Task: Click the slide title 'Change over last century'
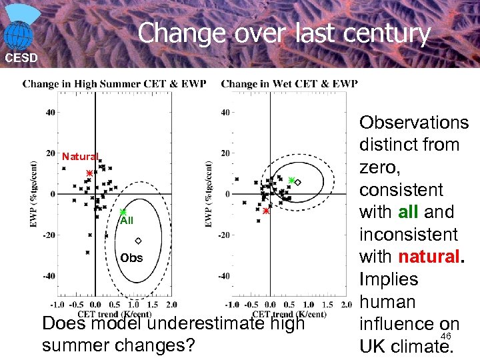[x=284, y=33]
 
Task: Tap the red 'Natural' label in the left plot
[x=80, y=157]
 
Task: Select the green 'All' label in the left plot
[x=127, y=221]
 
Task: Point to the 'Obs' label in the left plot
[x=131, y=258]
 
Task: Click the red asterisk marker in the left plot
[x=89, y=173]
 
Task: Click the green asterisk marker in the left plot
[x=123, y=212]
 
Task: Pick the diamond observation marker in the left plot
[x=138, y=241]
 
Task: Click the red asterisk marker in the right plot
[x=265, y=211]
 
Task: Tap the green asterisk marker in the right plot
[x=291, y=180]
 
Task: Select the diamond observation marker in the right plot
[x=298, y=182]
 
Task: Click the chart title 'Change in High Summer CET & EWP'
[x=114, y=84]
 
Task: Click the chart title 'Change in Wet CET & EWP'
[x=289, y=84]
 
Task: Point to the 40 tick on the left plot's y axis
[x=51, y=113]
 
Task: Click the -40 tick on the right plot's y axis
[x=226, y=275]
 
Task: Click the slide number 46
[x=446, y=337]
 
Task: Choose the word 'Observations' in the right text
[x=414, y=123]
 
